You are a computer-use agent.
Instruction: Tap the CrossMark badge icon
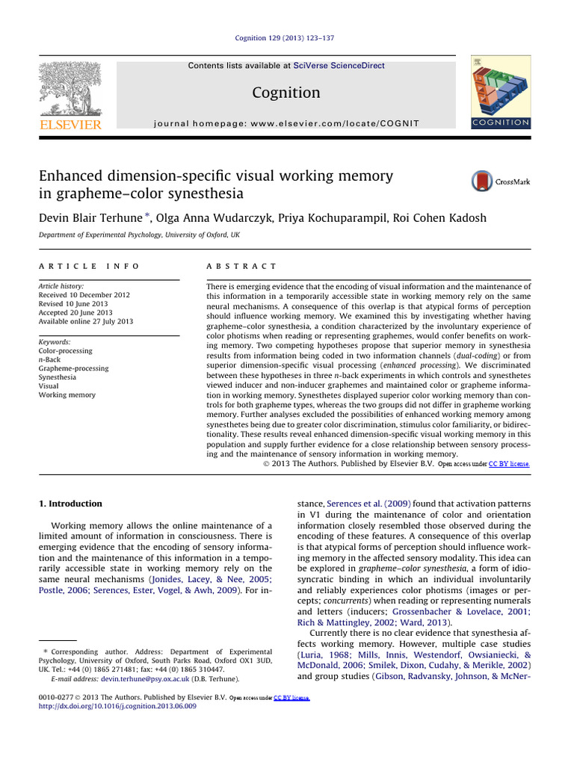[x=500, y=182]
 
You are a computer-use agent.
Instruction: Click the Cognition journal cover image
[x=500, y=93]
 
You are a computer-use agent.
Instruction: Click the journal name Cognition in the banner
[x=287, y=93]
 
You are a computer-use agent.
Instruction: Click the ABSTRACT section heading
[x=241, y=267]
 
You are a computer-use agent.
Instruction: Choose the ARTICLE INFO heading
[x=89, y=267]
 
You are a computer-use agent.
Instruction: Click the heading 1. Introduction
[x=70, y=504]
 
